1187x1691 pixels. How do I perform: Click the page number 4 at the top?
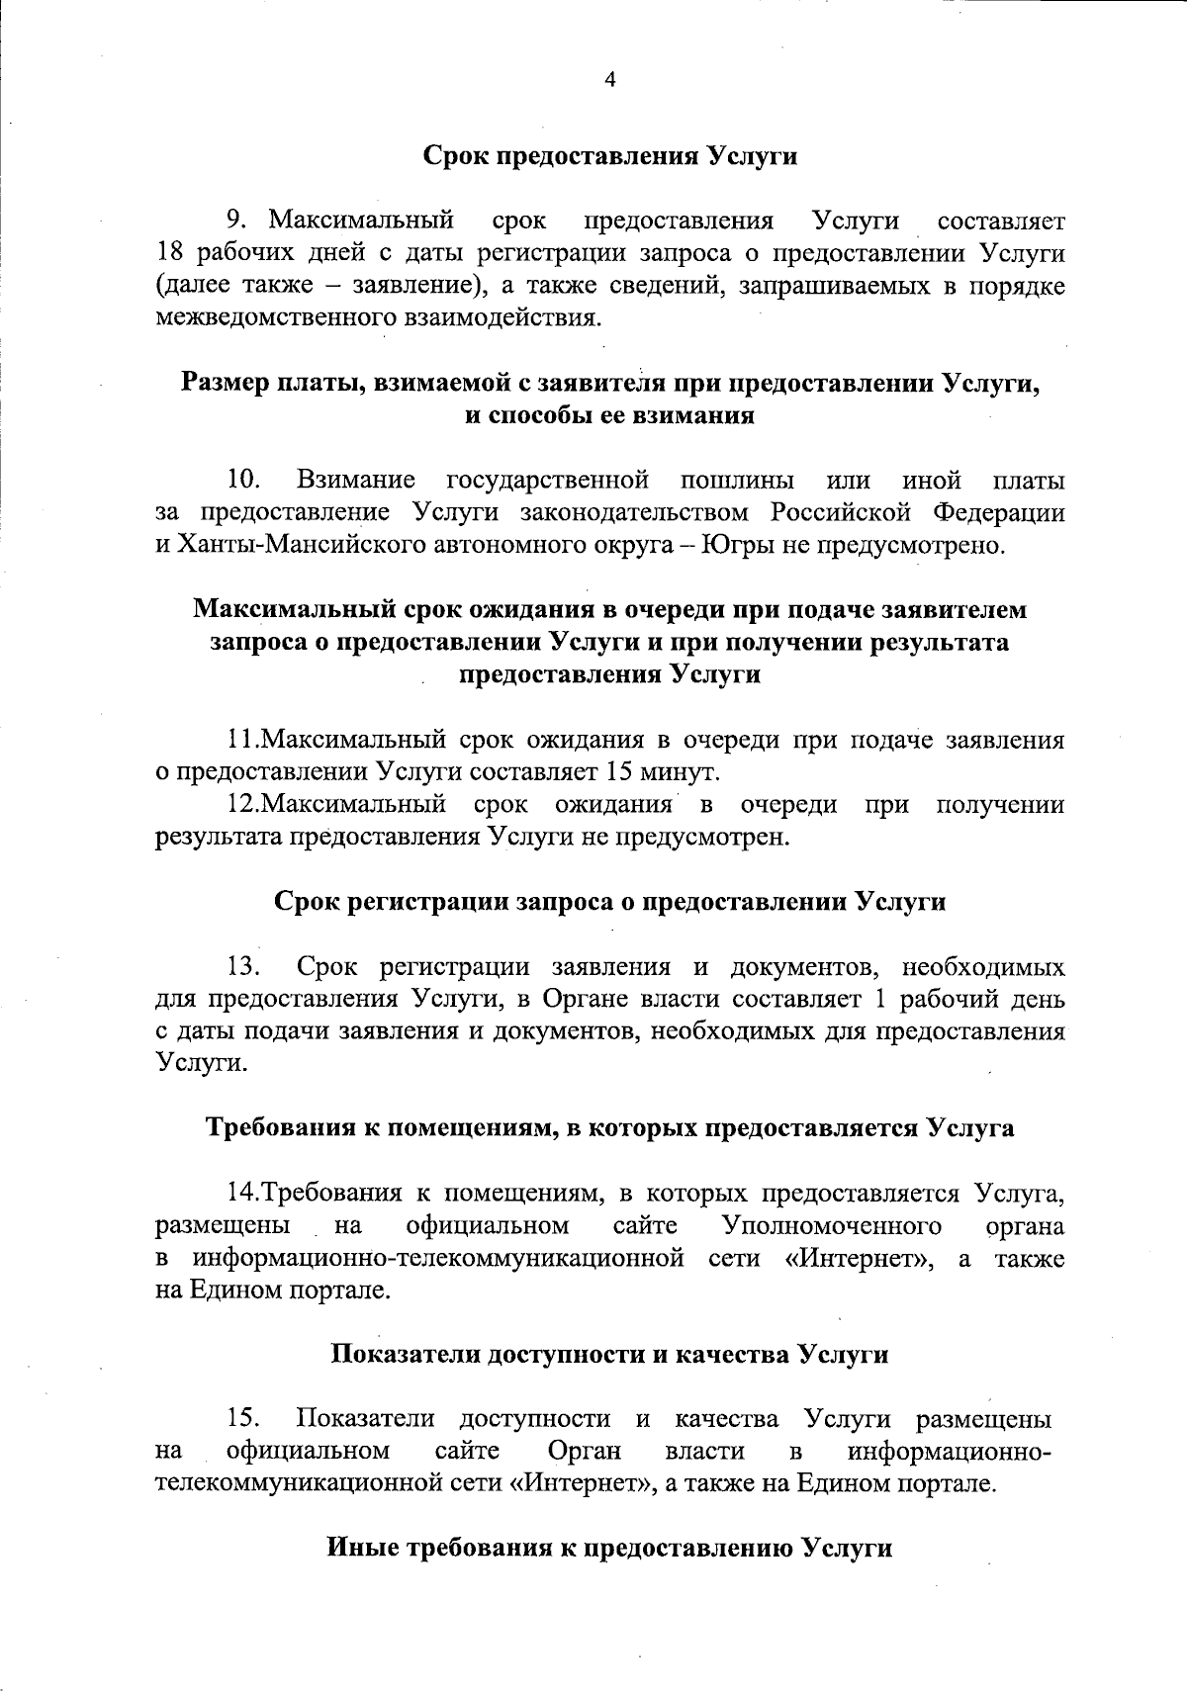609,81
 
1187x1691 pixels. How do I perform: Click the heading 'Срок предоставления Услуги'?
610,156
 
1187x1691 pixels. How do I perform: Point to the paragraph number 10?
243,481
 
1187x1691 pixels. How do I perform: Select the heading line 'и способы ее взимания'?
610,416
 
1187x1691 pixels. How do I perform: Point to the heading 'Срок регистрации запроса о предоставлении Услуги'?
609,902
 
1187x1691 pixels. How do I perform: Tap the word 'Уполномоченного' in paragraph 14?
832,1226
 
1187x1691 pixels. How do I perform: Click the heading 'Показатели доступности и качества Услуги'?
609,1354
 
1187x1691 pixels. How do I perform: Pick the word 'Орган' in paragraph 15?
584,1451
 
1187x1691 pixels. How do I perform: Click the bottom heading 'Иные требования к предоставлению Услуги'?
609,1548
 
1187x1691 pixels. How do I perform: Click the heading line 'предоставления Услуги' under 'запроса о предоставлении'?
610,674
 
